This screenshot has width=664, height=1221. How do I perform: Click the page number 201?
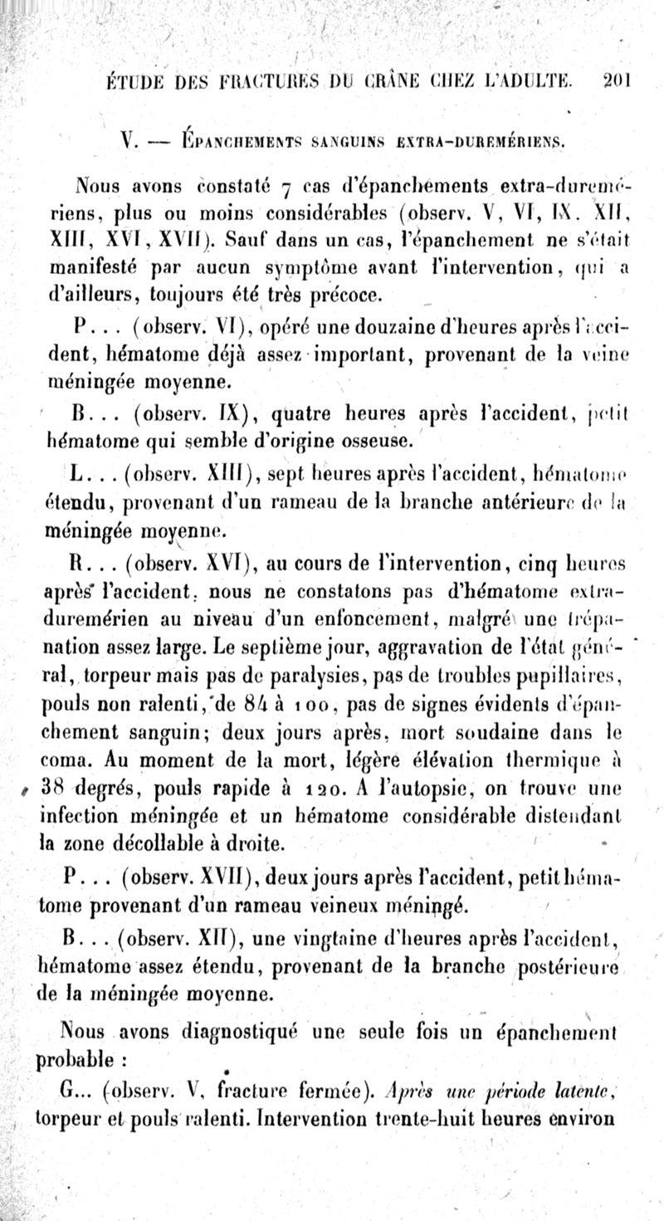(618, 81)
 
